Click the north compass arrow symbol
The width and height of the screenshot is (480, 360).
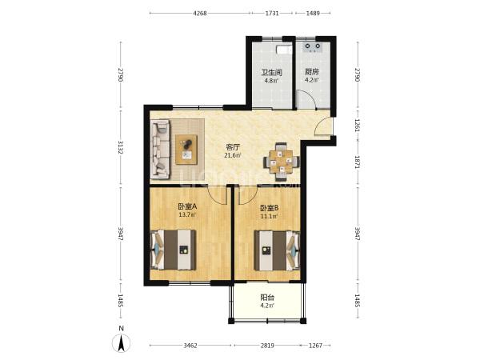122,343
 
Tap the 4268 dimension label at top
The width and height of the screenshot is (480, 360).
200,13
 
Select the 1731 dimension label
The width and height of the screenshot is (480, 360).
272,13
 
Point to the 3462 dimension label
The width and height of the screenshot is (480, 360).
190,346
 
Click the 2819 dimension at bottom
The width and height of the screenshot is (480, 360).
267,346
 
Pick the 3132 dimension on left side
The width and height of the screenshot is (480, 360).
121,147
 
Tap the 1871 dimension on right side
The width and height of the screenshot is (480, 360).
357,162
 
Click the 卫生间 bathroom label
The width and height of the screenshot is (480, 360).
271,73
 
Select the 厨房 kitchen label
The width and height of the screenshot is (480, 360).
312,72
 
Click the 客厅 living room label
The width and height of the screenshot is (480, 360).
233,147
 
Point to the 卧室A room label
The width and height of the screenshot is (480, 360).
187,206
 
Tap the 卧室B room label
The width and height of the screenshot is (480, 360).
269,208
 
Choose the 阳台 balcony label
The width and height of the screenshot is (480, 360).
267,298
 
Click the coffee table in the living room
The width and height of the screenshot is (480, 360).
186,150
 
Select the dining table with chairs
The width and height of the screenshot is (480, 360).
282,162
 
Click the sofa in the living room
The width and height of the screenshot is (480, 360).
160,149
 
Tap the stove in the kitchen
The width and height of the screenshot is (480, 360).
313,47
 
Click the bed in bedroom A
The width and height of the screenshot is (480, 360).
174,250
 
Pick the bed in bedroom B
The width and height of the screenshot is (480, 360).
277,250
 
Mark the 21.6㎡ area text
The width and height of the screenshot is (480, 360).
233,155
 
